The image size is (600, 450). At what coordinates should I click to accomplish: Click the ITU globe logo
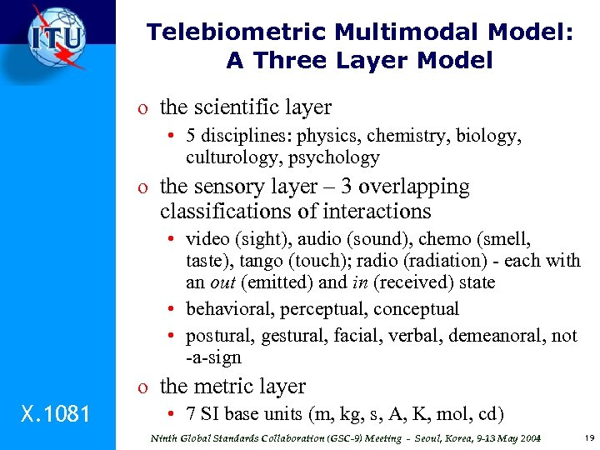click(56, 38)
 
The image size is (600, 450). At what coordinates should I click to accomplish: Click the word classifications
click(227, 211)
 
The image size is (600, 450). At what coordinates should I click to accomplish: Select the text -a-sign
click(214, 357)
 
